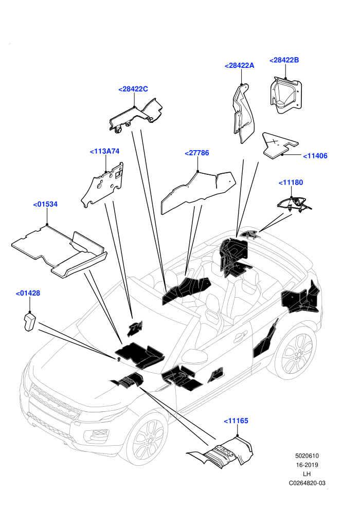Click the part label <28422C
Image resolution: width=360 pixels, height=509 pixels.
click(133, 89)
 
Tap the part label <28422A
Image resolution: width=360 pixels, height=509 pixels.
click(239, 66)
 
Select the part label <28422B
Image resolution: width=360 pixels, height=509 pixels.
click(284, 60)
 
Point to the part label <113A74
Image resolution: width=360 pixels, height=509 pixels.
click(104, 151)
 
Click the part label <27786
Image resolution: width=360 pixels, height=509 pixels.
click(197, 153)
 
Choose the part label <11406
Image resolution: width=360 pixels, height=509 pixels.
click(315, 156)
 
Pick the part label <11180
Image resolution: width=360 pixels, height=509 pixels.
click(291, 183)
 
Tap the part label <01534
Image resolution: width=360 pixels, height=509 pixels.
click(45, 204)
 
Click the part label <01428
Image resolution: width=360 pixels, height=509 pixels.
click(28, 293)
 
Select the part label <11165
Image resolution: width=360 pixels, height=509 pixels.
click(236, 421)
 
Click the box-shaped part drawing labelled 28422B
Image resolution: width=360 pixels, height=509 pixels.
click(286, 95)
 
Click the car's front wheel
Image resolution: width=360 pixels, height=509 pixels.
click(149, 440)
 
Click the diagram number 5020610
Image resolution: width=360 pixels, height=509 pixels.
click(307, 456)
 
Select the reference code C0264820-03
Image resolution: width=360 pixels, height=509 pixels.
click(307, 483)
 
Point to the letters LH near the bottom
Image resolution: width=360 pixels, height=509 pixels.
click(307, 474)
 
